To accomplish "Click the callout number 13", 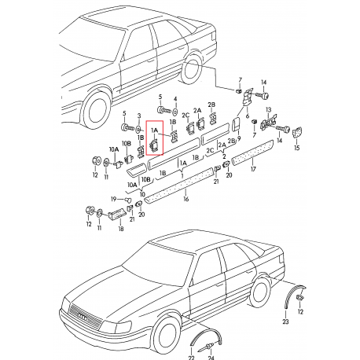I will click(x=269, y=109).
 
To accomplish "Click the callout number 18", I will click(x=119, y=228).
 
